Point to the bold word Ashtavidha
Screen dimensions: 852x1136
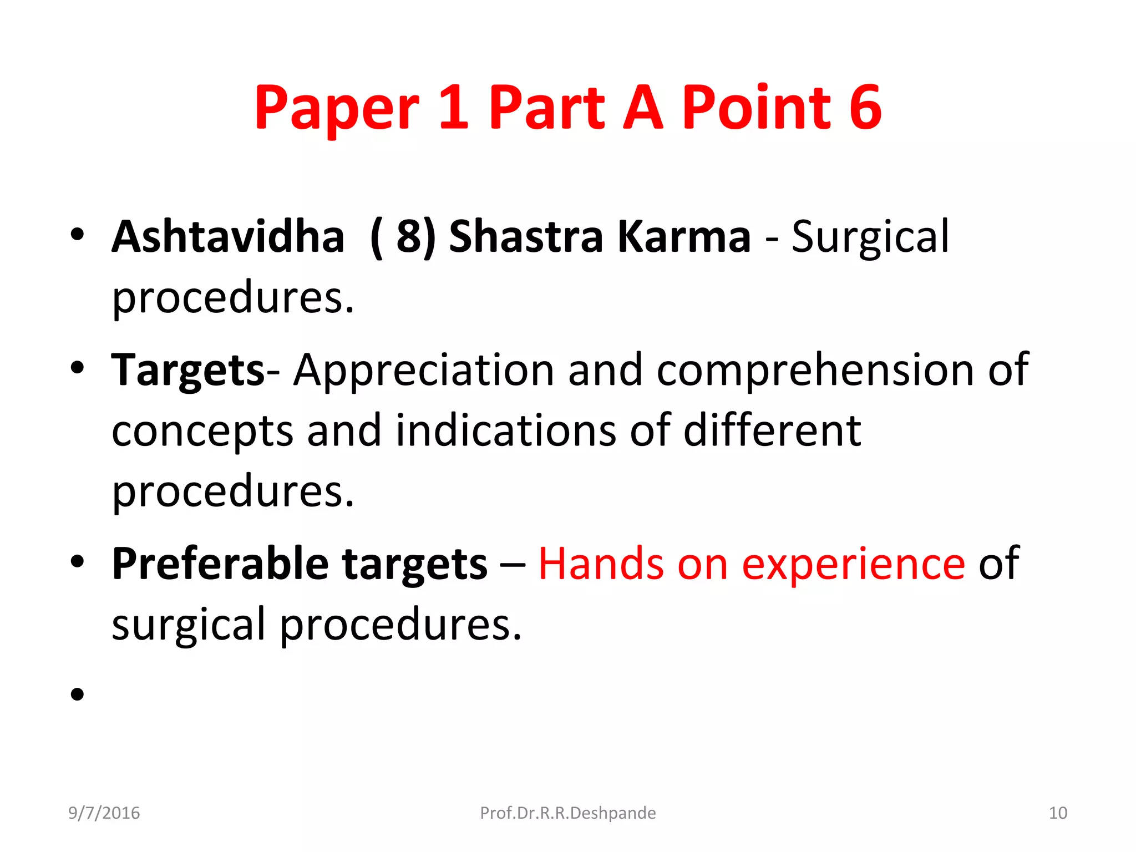coord(228,237)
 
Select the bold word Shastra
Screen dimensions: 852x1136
coord(525,237)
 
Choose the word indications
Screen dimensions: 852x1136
coord(505,431)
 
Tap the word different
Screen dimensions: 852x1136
coord(772,431)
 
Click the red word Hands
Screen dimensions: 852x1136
coord(601,564)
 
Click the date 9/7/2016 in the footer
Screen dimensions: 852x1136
coord(104,813)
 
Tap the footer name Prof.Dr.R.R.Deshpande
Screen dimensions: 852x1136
coord(567,813)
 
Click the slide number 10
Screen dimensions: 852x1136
coord(1058,813)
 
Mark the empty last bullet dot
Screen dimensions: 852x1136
coord(77,694)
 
